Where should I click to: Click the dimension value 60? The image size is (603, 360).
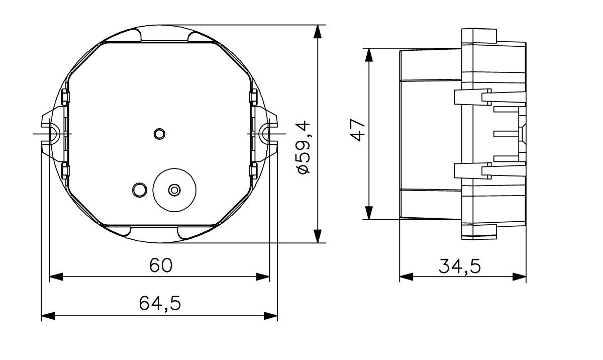coord(160,265)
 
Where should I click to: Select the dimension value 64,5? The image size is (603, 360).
coord(160,303)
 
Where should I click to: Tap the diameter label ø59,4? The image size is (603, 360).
coord(304,147)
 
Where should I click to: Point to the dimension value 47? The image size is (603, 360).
coord(357,130)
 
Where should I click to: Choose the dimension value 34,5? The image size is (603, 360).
coord(459,266)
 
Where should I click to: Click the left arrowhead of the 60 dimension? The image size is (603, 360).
coord(55,277)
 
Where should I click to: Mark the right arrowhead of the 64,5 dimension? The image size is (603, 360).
coord(271,316)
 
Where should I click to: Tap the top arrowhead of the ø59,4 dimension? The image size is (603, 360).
coord(317,31)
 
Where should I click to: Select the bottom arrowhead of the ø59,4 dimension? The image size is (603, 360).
coord(317,236)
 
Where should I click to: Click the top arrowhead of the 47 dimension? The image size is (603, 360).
coord(369,55)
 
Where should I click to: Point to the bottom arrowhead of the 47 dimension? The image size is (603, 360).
coord(369,213)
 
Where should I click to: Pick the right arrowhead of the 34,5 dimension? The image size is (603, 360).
coord(520,276)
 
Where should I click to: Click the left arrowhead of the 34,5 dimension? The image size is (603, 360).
coord(406,276)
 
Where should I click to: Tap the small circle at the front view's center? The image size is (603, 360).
coord(159,134)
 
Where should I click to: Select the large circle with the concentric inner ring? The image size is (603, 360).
coord(174,190)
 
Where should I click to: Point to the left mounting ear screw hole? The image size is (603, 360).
coord(52,134)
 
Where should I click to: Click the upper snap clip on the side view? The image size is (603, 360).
coord(472,97)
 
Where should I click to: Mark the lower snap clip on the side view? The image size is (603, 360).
coord(472,171)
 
